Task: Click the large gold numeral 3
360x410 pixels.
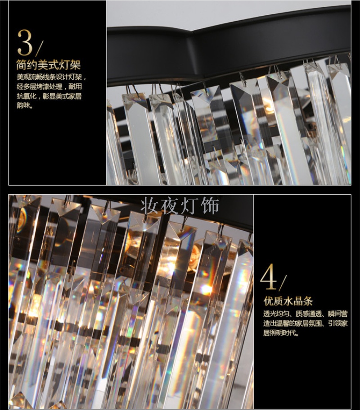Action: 25,42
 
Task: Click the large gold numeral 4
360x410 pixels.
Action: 268,276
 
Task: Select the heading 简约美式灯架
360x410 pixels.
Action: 49,65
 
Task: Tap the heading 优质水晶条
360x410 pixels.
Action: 288,301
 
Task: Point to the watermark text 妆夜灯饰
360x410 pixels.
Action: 180,206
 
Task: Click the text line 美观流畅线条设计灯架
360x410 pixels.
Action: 51,77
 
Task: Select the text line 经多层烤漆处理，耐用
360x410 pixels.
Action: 49,87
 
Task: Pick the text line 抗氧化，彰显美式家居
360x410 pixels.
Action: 49,96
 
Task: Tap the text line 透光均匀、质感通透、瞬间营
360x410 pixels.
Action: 306,314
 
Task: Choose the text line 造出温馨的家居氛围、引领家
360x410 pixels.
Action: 306,323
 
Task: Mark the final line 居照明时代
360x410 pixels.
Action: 280,333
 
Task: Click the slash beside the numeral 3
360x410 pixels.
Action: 39,48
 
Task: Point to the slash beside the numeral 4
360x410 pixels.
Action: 283,282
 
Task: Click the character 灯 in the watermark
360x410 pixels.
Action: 189,206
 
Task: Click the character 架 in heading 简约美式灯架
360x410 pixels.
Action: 75,65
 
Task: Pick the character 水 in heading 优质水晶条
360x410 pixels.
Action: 288,301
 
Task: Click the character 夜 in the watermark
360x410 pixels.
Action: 170,206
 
